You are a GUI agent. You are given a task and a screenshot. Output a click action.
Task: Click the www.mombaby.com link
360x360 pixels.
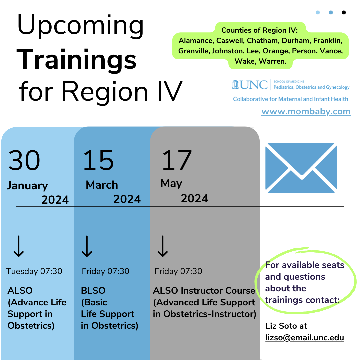[306, 112]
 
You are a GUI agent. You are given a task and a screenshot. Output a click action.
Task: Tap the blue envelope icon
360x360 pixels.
[301, 168]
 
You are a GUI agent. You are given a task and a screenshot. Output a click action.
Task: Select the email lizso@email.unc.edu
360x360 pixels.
[304, 337]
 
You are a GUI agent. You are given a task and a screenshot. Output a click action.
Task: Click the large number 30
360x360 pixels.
[24, 160]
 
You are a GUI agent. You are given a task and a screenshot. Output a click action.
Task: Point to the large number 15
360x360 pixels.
[98, 160]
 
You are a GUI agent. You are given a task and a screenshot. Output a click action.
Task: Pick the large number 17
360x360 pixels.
[177, 160]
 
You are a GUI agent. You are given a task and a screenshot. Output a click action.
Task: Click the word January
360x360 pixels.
[28, 186]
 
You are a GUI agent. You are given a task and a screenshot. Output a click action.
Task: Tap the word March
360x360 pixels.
[102, 185]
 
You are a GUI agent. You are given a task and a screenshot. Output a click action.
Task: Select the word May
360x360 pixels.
[171, 183]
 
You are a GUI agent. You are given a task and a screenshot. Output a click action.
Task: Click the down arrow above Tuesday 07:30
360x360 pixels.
[19, 246]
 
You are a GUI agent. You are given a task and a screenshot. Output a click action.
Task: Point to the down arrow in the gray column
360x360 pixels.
[163, 246]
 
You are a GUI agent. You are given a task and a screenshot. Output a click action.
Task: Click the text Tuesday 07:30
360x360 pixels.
[34, 271]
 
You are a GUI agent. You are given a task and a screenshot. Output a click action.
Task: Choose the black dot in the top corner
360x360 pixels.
[344, 12]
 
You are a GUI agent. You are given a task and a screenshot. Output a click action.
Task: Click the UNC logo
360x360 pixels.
[250, 84]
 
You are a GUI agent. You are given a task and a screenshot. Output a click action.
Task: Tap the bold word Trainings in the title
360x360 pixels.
[76, 60]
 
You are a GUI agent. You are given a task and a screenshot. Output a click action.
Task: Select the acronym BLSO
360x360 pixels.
[93, 291]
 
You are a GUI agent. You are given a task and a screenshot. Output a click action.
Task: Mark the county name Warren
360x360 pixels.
[273, 61]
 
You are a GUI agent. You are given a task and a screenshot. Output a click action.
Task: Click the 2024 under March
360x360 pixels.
[127, 199]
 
